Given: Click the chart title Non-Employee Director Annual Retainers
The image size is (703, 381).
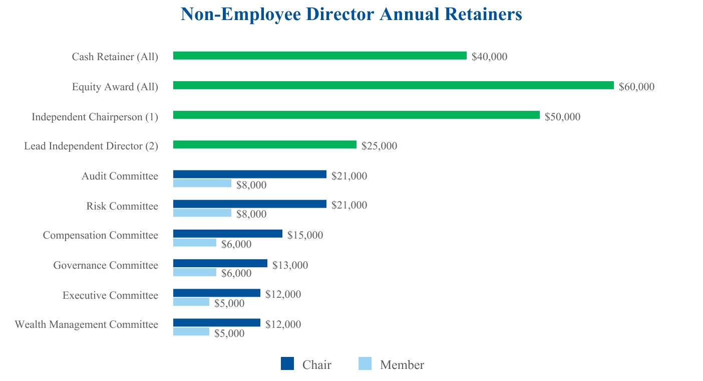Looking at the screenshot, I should click(x=351, y=14).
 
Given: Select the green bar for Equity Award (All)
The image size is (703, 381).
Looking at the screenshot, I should click(x=393, y=86).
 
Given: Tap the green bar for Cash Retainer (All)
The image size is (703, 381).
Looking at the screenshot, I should click(x=319, y=56).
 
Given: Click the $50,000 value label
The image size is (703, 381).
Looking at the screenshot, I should click(x=562, y=117).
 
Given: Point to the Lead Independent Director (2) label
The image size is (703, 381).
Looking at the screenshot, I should click(x=91, y=146).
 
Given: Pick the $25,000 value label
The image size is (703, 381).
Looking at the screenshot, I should click(x=379, y=146).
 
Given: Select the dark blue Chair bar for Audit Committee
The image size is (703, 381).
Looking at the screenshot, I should click(x=249, y=174).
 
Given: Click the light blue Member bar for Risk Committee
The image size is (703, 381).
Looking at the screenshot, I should click(x=202, y=213).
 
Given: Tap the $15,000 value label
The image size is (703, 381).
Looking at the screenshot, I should click(x=305, y=235).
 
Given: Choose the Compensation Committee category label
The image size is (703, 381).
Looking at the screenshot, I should click(x=100, y=235).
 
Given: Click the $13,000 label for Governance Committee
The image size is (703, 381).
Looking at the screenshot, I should click(x=290, y=265).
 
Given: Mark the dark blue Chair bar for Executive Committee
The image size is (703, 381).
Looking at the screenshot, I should click(x=216, y=293).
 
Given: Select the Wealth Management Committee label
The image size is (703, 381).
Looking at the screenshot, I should click(x=86, y=324).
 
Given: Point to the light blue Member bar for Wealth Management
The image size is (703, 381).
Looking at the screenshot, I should click(x=191, y=331).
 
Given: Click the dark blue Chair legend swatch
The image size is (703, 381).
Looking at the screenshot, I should click(x=287, y=364).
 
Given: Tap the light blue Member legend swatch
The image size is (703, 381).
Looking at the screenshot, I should click(x=366, y=364).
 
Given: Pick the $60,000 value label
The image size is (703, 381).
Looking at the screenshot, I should click(x=636, y=87).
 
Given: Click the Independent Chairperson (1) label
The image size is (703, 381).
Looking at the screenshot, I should click(x=95, y=117).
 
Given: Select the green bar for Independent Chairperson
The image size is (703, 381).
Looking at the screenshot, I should click(x=356, y=115).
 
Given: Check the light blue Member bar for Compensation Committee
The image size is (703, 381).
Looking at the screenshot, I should click(x=195, y=243).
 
